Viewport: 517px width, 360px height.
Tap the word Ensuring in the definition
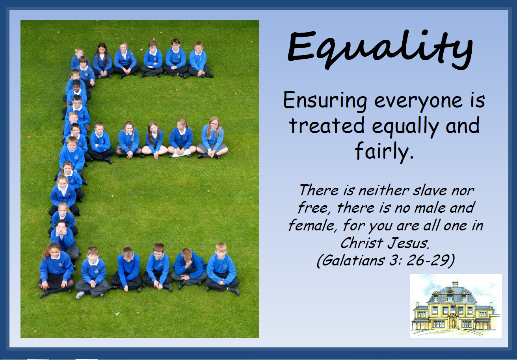click(325, 101)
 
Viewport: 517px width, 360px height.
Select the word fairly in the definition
click(384, 151)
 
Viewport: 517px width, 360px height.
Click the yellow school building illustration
click(456, 306)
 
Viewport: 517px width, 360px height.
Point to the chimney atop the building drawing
click(455, 284)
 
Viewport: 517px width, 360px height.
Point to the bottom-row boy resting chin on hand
click(188, 268)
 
